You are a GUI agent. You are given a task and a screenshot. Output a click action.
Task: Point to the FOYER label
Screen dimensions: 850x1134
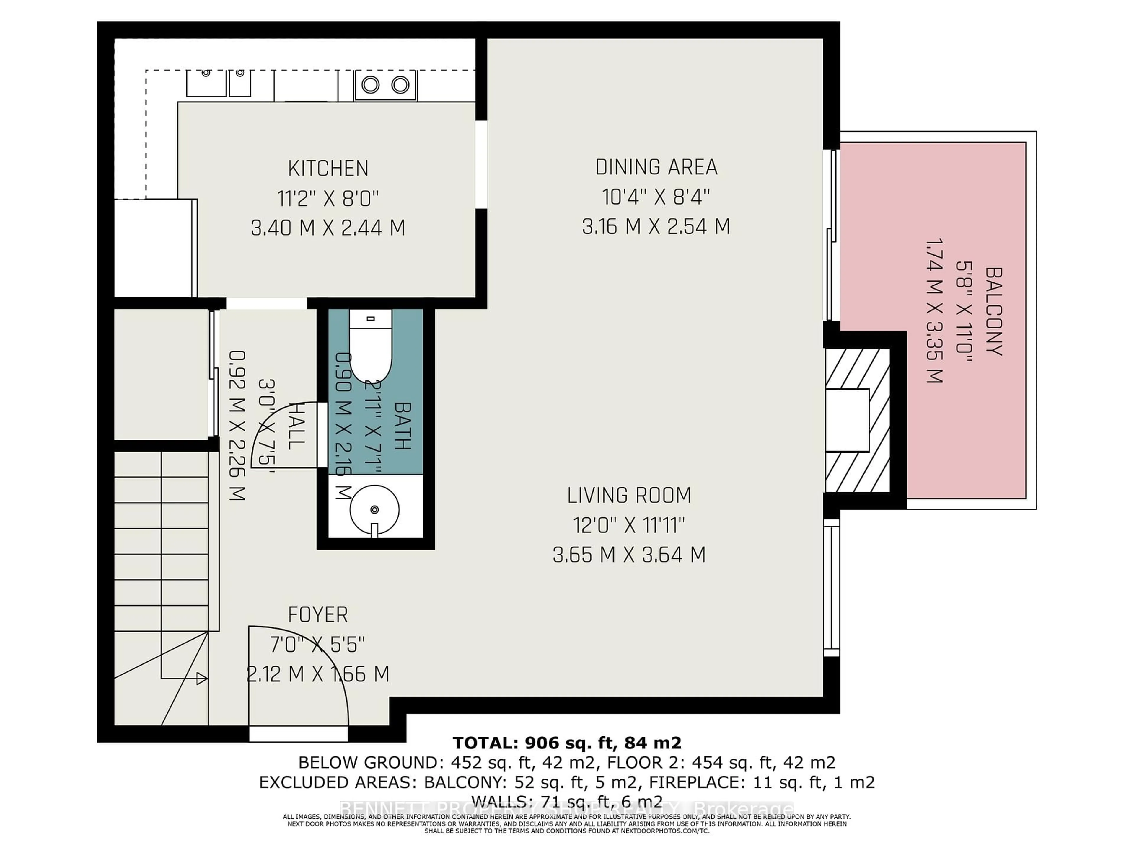pos(318,614)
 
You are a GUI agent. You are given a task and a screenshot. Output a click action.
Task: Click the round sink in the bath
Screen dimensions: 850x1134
pos(374,510)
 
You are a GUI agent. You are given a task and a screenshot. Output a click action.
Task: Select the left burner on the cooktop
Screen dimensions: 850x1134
pos(370,84)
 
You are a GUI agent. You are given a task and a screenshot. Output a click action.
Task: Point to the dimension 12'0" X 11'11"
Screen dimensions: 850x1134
pos(629,525)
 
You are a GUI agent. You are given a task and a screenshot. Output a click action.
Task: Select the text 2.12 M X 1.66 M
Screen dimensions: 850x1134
pos(318,674)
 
